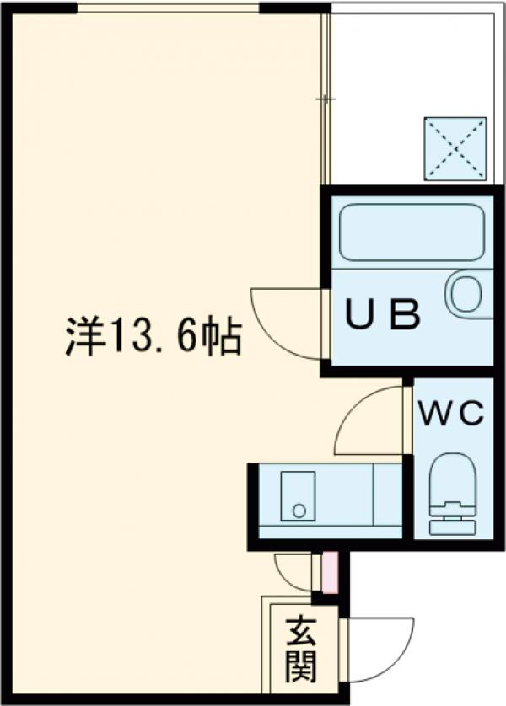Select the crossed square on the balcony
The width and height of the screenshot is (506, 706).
coord(455,149)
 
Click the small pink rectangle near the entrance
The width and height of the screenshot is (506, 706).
coord(330,572)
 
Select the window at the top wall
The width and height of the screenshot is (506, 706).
coord(168,8)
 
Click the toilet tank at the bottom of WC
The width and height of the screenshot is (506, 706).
coord(453,527)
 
